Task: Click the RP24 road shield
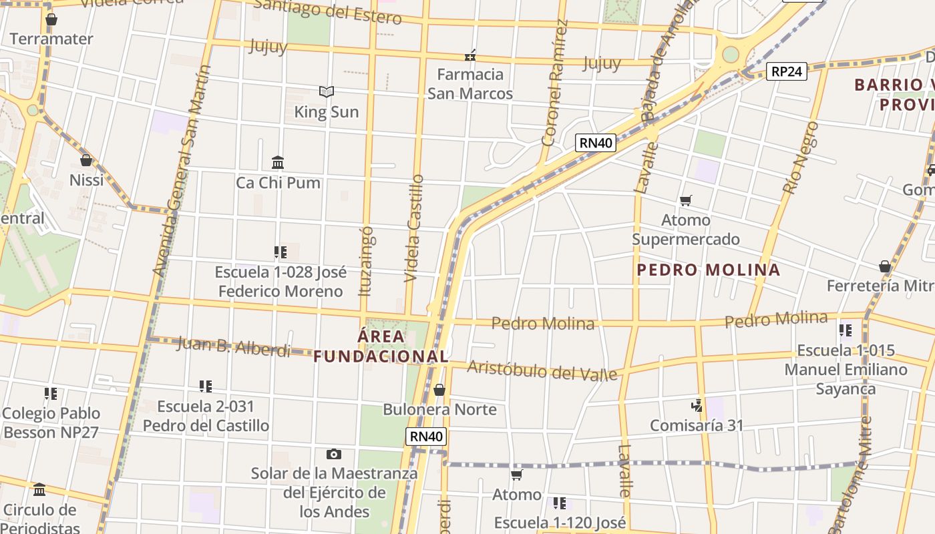787,71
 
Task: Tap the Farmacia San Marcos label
470,83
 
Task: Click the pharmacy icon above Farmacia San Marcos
471,55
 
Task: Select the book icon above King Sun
326,92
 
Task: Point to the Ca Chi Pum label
278,183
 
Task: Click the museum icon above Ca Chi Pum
278,162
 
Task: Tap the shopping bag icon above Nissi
86,160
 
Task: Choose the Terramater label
51,39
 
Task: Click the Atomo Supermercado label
686,230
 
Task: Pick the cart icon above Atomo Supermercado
685,200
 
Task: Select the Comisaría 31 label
697,425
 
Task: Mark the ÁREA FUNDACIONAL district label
381,346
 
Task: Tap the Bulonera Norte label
439,409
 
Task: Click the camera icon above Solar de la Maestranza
334,454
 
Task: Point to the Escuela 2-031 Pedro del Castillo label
206,416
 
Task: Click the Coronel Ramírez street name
555,83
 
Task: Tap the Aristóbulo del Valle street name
542,370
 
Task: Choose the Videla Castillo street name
414,228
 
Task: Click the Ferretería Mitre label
880,286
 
